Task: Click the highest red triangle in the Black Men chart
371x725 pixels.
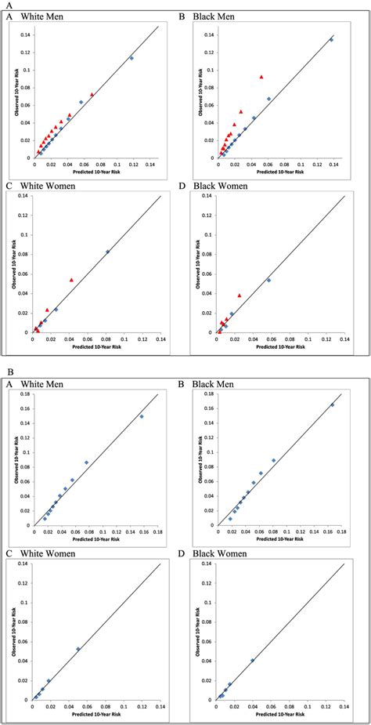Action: coord(261,77)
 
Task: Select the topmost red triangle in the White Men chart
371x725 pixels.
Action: coord(92,95)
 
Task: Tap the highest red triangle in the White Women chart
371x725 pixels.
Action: coord(71,280)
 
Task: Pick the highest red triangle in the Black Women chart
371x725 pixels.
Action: coord(239,295)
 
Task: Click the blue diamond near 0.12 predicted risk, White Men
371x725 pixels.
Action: coord(131,58)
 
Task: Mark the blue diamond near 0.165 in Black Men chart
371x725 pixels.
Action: coord(332,405)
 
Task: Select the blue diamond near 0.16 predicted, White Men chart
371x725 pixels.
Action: coord(142,416)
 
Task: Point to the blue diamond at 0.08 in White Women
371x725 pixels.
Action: coord(107,252)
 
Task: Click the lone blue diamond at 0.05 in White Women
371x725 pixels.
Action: coord(77,649)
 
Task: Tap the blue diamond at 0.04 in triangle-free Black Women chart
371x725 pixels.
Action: coord(252,660)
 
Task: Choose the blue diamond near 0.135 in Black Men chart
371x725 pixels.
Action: coord(331,40)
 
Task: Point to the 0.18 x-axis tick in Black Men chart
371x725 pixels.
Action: coord(344,531)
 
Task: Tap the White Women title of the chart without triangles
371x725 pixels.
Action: coord(49,553)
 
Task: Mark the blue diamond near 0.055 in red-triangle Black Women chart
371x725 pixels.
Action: coord(268,280)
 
